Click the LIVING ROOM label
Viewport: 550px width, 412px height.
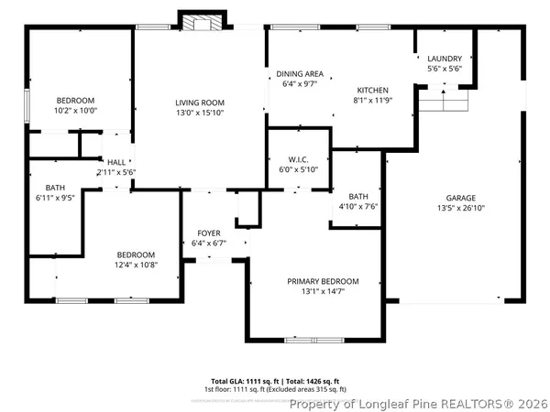(201, 102)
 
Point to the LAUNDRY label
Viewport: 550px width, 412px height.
(445, 58)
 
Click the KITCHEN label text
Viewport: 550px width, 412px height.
(373, 90)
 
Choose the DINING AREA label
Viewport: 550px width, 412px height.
(300, 73)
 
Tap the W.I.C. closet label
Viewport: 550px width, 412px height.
(298, 159)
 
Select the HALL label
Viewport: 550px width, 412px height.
(116, 162)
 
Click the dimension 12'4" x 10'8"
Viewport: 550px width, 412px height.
(135, 265)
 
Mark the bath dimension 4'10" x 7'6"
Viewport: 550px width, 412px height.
(358, 206)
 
